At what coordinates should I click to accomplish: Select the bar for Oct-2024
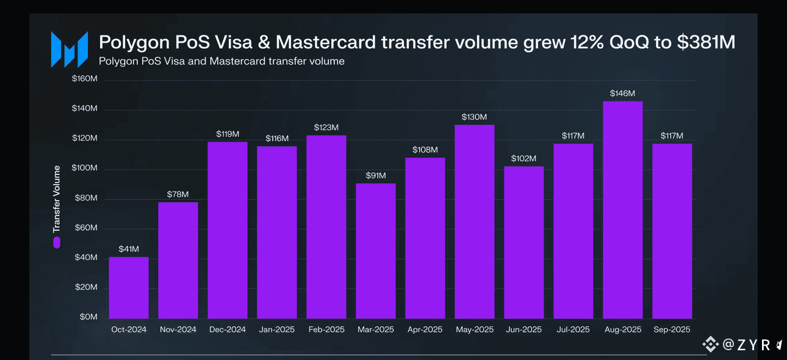point(128,287)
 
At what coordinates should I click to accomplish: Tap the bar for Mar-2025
point(375,251)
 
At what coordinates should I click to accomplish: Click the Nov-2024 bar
point(178,260)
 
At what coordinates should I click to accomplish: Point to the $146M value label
point(622,93)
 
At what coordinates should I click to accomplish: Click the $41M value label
point(128,249)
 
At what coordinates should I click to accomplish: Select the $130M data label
point(474,117)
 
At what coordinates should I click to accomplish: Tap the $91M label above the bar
point(375,176)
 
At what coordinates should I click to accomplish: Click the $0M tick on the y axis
point(88,317)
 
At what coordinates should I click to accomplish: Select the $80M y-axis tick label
point(87,198)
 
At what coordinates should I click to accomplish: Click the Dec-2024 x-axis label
point(227,329)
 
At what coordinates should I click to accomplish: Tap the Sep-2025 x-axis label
point(672,329)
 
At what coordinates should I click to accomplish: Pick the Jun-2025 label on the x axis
point(523,329)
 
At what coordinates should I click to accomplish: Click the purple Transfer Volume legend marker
point(57,242)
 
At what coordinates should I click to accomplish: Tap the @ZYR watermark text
point(745,345)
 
